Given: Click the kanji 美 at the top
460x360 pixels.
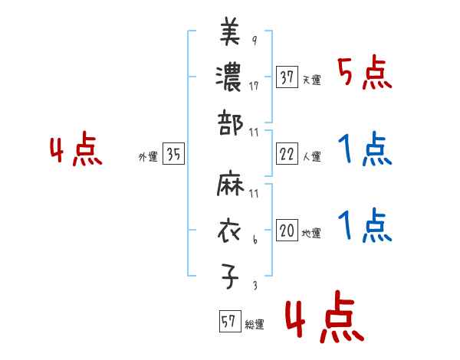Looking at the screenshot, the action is (229, 33).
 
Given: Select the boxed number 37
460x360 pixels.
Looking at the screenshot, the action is (287, 77).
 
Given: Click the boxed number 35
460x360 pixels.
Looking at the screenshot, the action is (173, 155).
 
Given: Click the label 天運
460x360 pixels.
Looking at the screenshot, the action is (311, 80).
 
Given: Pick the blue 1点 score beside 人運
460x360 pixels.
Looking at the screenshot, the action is (365, 151).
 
